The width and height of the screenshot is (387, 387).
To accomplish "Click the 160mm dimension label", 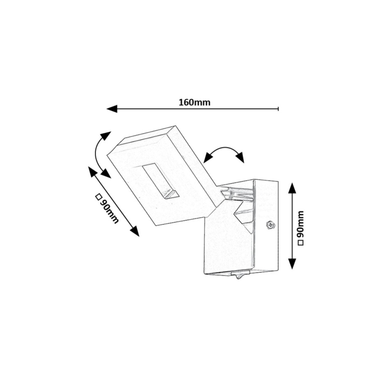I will click(194, 102).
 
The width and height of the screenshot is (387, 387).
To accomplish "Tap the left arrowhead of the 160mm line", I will click(111, 109).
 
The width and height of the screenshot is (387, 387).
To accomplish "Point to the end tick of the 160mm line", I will click(278, 109).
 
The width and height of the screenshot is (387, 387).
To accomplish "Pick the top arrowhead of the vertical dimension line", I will click(292, 188).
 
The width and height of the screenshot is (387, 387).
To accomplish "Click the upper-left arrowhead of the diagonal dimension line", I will click(93, 171).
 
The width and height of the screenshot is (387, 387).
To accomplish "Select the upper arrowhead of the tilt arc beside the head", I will click(106, 136).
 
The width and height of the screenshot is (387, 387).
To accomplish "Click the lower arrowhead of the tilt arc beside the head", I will click(106, 173).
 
